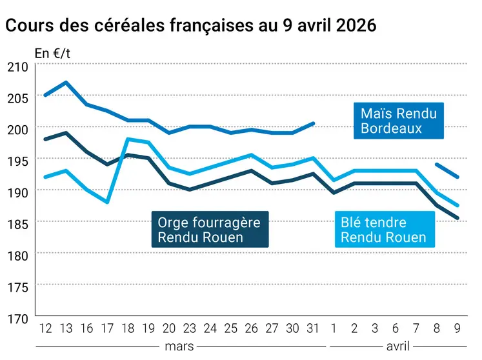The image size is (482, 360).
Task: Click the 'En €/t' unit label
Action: (x=52, y=54)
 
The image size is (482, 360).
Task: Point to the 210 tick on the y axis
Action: (x=17, y=66)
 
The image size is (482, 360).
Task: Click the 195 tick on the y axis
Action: (x=17, y=160)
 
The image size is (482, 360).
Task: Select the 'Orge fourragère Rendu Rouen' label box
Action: (x=209, y=229)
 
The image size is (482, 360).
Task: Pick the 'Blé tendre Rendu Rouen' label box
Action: (x=383, y=230)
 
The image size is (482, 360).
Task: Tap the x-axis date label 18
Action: (x=128, y=328)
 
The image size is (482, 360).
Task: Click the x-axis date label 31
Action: (x=313, y=328)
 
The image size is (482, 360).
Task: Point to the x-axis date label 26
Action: (x=251, y=328)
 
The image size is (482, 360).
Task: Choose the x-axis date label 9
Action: (x=457, y=328)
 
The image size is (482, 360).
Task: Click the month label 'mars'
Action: (x=179, y=346)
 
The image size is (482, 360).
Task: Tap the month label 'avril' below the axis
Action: (x=396, y=346)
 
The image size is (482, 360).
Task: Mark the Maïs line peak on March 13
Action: (x=66, y=83)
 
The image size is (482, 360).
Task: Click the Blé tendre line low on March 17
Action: (x=108, y=202)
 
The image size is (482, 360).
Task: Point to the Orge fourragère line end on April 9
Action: (x=457, y=218)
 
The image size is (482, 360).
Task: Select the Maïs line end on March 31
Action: (x=313, y=123)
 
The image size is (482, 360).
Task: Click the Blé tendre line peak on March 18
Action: (x=128, y=139)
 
